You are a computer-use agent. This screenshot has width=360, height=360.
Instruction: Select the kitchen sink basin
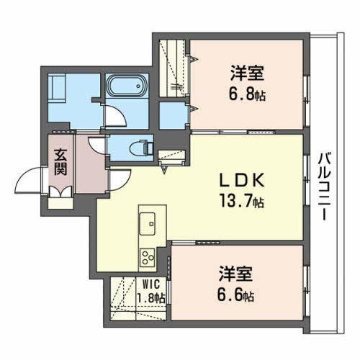pos(150,223)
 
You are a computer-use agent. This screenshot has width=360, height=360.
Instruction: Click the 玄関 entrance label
pos(60,163)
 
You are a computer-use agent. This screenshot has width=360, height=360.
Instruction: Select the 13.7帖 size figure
pos(241,202)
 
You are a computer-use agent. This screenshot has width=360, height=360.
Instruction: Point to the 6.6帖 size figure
pos(237,294)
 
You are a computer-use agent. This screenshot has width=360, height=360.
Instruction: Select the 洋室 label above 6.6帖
pos(236,274)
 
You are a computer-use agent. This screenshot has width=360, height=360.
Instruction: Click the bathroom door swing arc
pos(114,115)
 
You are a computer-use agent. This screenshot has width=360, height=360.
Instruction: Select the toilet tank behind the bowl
pos(148,148)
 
